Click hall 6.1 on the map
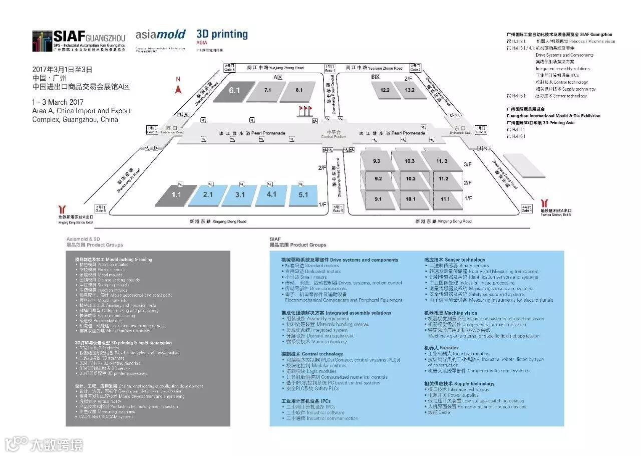click(234, 91)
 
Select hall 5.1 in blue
click(303, 195)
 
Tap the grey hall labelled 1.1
click(176, 195)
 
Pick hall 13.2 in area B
click(410, 90)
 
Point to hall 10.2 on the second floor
click(411, 179)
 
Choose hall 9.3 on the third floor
click(377, 161)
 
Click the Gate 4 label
click(526, 209)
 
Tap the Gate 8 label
click(229, 67)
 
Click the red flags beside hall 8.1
click(304, 110)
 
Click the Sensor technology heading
click(455, 260)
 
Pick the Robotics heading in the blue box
click(441, 348)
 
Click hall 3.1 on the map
click(240, 195)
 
